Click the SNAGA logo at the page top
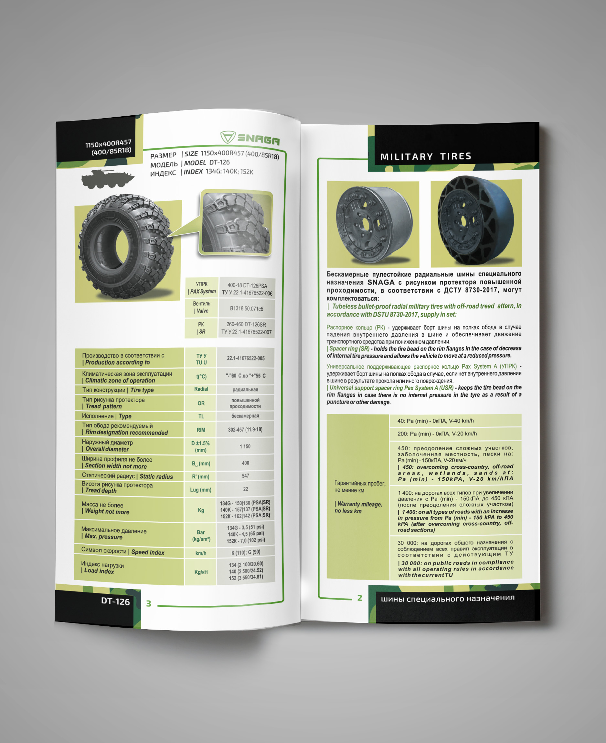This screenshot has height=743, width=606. [x=250, y=138]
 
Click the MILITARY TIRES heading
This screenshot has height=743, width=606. [x=426, y=156]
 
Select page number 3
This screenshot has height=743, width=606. [x=149, y=603]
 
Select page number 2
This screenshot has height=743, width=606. [x=359, y=598]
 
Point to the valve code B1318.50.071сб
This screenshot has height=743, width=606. [x=247, y=309]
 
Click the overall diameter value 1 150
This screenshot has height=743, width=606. [x=245, y=446]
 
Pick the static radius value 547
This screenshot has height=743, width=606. [x=246, y=476]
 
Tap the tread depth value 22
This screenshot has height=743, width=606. [x=246, y=489]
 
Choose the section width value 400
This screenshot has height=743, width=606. [x=245, y=463]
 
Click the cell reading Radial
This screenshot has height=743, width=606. [x=201, y=389]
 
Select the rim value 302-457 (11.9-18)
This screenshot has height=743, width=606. [x=245, y=430]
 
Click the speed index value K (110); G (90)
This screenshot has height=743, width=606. [x=246, y=552]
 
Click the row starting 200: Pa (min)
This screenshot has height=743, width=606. [x=437, y=434]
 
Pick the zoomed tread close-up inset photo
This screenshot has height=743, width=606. [x=236, y=223]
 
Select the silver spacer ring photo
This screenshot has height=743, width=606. [x=373, y=224]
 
